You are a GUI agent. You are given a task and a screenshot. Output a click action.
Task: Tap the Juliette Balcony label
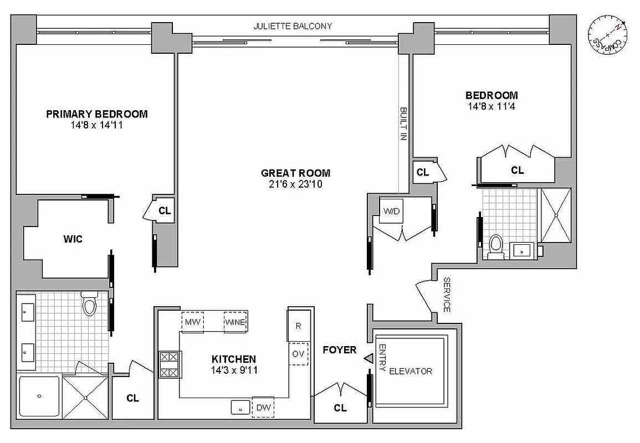[293, 26]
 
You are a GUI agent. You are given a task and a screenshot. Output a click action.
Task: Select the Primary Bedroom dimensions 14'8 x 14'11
[97, 125]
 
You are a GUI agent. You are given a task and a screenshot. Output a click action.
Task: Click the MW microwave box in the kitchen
[192, 322]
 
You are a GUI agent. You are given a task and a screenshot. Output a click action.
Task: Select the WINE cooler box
[235, 322]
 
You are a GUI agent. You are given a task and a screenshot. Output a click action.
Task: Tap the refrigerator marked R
[298, 326]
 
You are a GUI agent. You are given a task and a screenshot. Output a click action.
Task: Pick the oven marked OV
[298, 354]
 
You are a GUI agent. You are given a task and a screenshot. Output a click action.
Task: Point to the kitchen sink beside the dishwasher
[241, 407]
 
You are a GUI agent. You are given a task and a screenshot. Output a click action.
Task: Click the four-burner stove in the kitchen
[169, 364]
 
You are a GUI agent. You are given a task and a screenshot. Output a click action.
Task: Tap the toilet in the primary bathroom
[89, 305]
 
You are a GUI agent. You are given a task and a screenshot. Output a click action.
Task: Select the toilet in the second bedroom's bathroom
[496, 245]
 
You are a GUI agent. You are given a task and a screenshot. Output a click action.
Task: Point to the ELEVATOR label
[410, 371]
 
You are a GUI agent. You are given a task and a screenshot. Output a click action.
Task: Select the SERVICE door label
[447, 295]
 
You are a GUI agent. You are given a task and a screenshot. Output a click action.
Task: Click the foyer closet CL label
[340, 408]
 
